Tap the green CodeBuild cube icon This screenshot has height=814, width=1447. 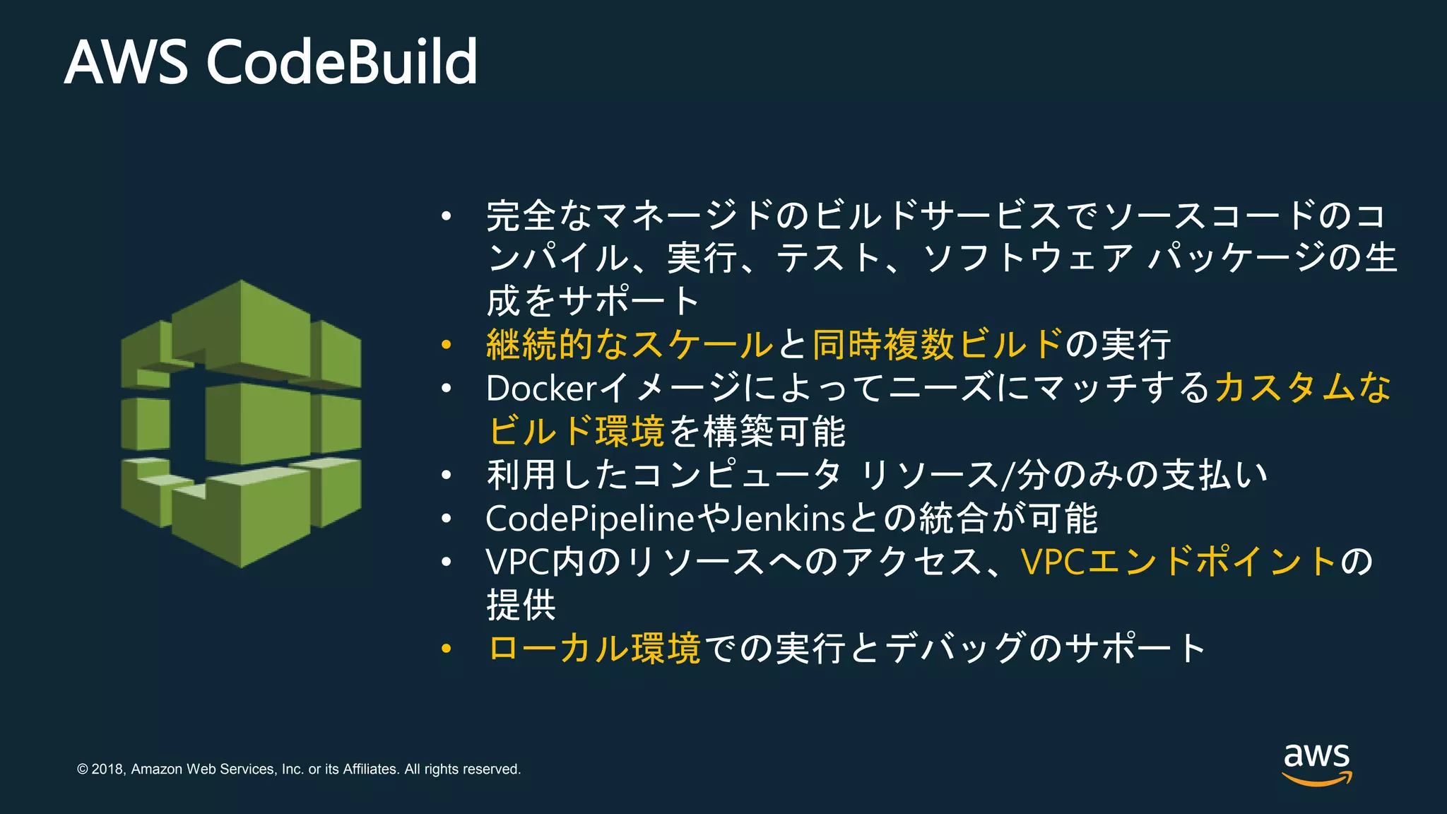point(241,423)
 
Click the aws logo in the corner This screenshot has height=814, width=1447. point(1316,763)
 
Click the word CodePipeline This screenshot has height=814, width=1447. point(591,519)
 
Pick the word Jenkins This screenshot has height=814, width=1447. point(788,519)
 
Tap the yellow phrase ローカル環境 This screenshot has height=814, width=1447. point(594,648)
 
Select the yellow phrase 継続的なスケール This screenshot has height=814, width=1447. point(630,345)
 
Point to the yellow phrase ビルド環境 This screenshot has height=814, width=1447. point(576,431)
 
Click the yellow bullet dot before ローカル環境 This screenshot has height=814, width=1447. point(446,648)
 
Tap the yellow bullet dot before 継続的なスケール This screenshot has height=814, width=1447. point(446,345)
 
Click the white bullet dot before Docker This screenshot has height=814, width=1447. point(446,388)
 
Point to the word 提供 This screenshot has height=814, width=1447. point(521,605)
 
